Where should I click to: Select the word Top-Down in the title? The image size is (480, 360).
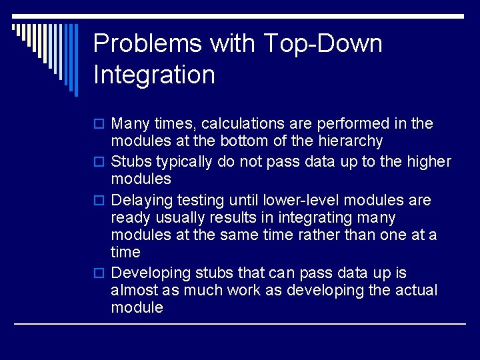[x=323, y=44]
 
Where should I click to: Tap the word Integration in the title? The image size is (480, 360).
[x=154, y=75]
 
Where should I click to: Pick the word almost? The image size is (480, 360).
[x=133, y=291]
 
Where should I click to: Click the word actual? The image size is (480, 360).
[x=416, y=291]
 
